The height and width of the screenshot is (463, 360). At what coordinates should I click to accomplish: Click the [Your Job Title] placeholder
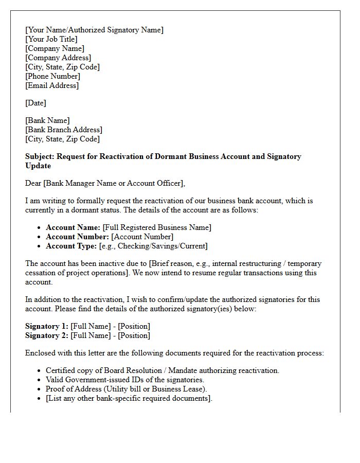click(51, 39)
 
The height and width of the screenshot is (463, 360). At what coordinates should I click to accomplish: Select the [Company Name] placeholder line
click(55, 48)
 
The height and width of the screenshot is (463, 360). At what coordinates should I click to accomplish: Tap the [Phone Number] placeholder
click(52, 76)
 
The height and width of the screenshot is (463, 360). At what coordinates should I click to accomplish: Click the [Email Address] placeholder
click(52, 85)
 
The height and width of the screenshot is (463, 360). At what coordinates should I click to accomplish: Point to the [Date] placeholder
click(35, 103)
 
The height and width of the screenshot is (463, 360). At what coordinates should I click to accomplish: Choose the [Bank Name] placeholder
click(47, 120)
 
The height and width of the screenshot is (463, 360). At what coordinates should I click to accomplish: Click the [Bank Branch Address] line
click(64, 130)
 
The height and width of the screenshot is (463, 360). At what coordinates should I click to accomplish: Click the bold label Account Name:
click(73, 227)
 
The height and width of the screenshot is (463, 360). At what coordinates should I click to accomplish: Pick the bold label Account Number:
click(77, 237)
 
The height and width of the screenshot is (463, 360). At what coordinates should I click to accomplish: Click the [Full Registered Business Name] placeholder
click(157, 227)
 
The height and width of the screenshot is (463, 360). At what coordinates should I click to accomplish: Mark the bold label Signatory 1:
click(47, 326)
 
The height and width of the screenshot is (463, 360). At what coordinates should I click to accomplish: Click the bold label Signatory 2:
click(47, 335)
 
